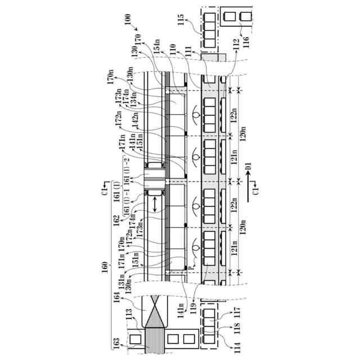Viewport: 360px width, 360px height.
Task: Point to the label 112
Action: tap(233, 57)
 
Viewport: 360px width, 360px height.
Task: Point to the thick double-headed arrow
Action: tap(155, 207)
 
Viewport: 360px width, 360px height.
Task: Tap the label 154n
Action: tap(157, 52)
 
